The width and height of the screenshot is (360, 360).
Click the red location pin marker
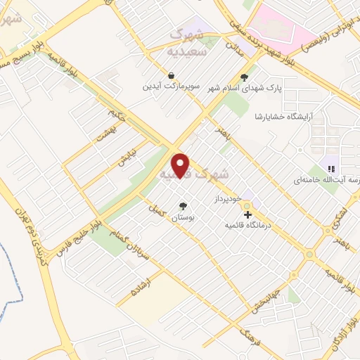tap(181, 165)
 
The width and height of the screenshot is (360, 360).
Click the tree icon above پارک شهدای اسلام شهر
tap(244, 77)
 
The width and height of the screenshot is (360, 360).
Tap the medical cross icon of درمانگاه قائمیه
tap(247, 214)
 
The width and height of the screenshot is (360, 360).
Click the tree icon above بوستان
tap(184, 205)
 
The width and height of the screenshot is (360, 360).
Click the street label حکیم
tap(117, 115)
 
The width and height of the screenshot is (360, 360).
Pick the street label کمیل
tap(155, 210)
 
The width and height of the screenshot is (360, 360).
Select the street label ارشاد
tap(146, 279)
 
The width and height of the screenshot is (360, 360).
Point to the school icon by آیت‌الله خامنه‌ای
tap(330, 168)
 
